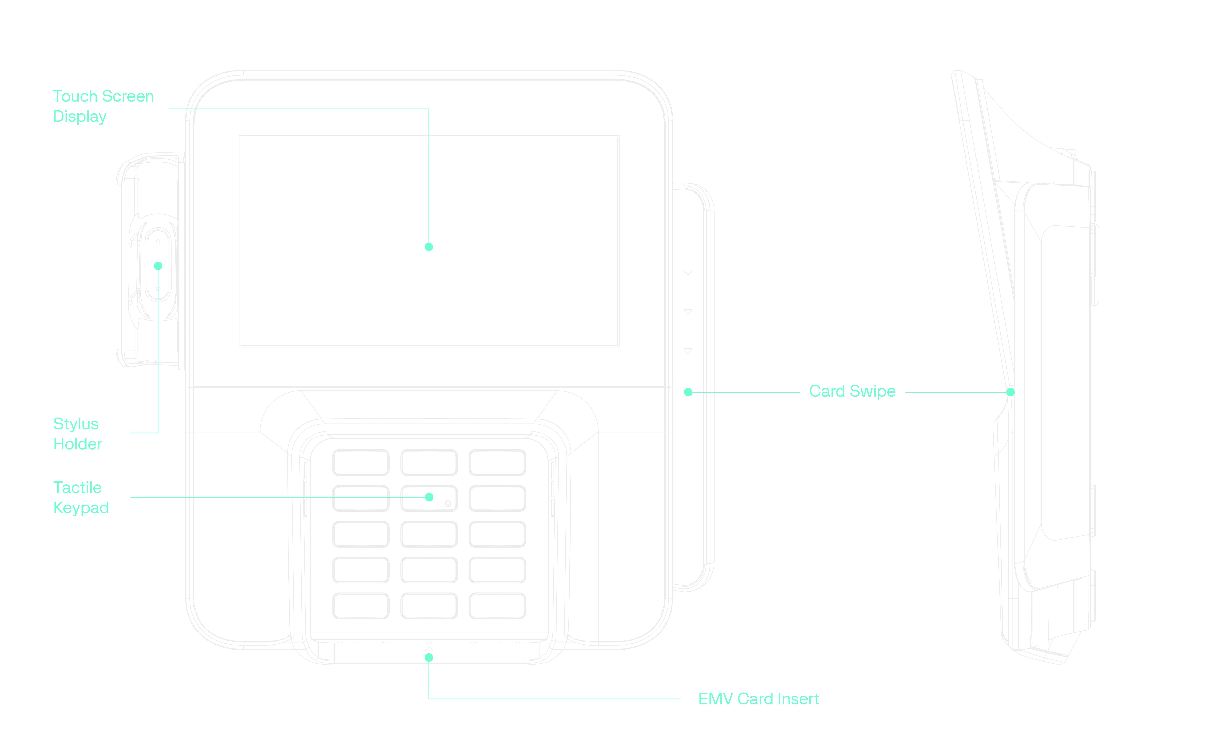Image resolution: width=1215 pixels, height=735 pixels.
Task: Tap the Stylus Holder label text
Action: tap(77, 434)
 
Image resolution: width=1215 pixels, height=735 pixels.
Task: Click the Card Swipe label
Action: tap(852, 391)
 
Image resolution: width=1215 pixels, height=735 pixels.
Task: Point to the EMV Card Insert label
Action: tap(758, 699)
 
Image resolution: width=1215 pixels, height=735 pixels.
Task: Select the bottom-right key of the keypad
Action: tap(497, 606)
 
